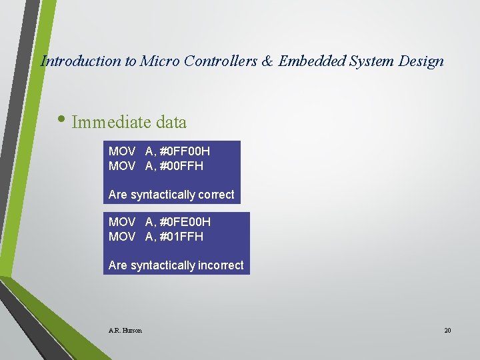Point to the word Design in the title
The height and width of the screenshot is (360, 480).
click(x=421, y=61)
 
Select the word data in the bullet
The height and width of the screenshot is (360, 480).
click(x=171, y=123)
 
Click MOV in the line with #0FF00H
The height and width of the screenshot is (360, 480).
click(x=122, y=151)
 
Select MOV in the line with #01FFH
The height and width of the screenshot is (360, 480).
click(x=122, y=237)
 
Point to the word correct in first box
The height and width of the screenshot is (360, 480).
click(x=214, y=195)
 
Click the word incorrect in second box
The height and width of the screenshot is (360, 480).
click(x=219, y=265)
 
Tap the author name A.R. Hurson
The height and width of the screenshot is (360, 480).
click(x=125, y=330)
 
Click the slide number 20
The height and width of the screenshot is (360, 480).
click(x=447, y=330)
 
